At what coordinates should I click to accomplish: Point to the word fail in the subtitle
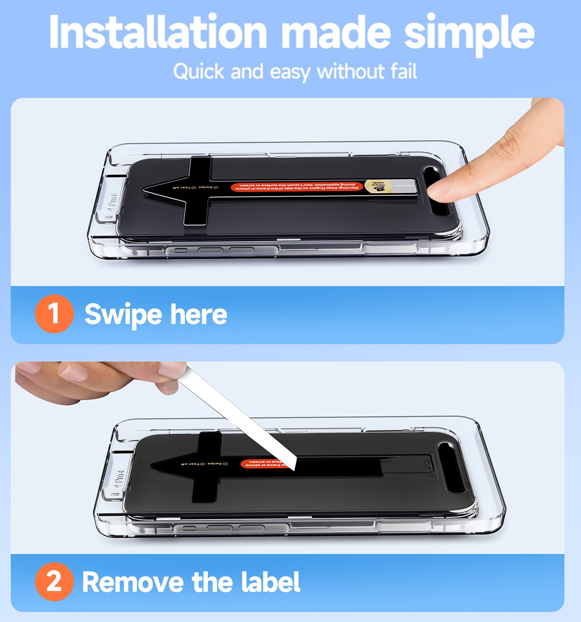(403, 71)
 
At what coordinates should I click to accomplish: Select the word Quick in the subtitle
(199, 71)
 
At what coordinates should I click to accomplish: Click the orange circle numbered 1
(54, 313)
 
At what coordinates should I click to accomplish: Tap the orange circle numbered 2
(54, 581)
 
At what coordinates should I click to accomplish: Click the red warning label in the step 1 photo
(296, 187)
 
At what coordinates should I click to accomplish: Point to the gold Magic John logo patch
(377, 186)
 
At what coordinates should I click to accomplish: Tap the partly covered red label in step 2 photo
(261, 463)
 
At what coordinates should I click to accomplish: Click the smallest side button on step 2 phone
(189, 528)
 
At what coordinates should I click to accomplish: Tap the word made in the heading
(336, 33)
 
